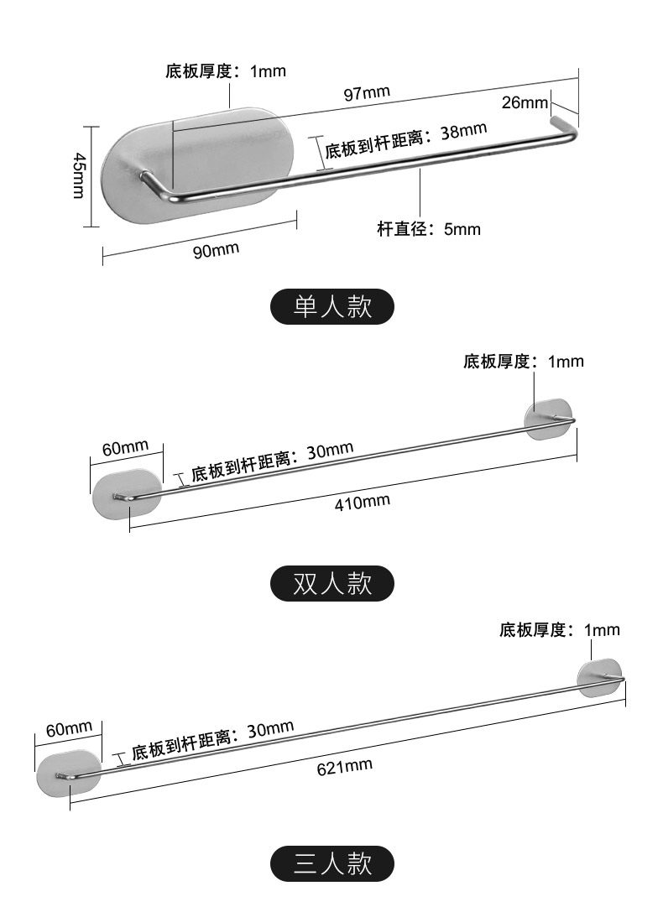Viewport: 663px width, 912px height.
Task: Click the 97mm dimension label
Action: coord(367,93)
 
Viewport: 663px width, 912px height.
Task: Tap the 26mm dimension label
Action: coord(525,102)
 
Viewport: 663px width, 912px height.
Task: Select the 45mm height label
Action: coord(78,175)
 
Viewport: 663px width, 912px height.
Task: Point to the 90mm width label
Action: coord(216,250)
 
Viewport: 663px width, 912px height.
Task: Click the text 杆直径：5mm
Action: coord(429,228)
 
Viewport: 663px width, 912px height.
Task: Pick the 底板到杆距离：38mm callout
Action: coord(405,140)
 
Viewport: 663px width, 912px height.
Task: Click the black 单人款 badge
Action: coord(331,307)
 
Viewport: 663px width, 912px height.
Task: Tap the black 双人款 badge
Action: coord(331,583)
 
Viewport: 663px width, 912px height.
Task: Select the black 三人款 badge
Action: coord(331,862)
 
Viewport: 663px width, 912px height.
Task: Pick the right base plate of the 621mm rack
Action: coord(600,678)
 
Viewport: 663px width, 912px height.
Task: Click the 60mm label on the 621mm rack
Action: coord(68,729)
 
